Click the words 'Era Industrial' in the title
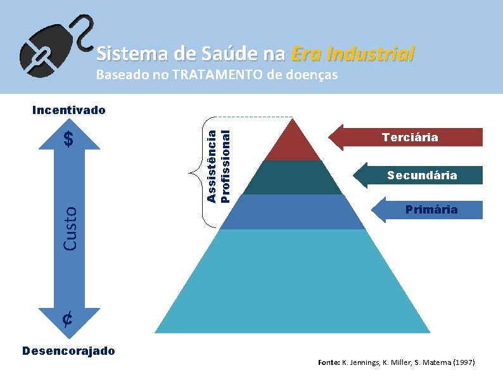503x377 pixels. tap(353, 53)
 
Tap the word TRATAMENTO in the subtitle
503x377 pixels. tap(209, 75)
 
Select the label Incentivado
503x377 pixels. tap(69, 110)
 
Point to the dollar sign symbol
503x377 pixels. tap(69, 139)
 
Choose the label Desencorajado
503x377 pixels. tap(68, 350)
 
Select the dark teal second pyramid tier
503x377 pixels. tap(293, 178)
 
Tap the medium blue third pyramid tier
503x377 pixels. tap(293, 212)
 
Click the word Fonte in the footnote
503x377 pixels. tap(328, 362)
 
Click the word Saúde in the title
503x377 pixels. tap(216, 53)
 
